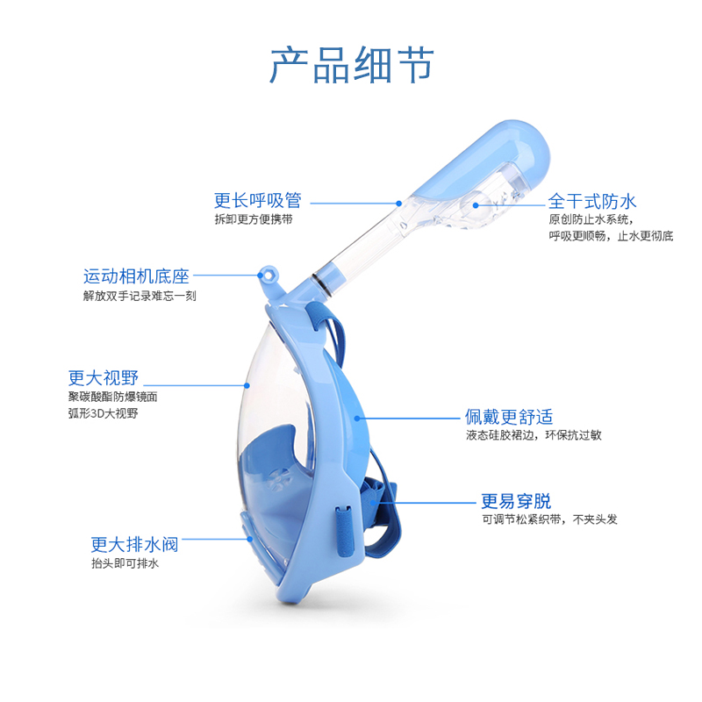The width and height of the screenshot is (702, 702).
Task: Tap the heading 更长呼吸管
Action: [x=257, y=200]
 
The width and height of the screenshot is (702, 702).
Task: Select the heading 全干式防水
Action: [x=592, y=201]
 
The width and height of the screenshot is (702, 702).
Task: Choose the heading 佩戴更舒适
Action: [x=509, y=416]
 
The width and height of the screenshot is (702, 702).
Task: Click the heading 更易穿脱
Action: [x=516, y=501]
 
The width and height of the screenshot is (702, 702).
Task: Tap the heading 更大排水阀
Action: [x=134, y=544]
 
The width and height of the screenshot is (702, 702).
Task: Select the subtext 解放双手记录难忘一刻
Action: [x=140, y=296]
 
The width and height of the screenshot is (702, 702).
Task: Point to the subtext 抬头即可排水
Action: [x=125, y=563]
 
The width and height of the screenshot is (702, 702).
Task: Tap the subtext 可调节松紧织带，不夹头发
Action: [x=549, y=519]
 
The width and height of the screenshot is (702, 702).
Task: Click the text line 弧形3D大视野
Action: [x=103, y=412]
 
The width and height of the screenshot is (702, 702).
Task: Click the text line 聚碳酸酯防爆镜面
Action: [x=113, y=397]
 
